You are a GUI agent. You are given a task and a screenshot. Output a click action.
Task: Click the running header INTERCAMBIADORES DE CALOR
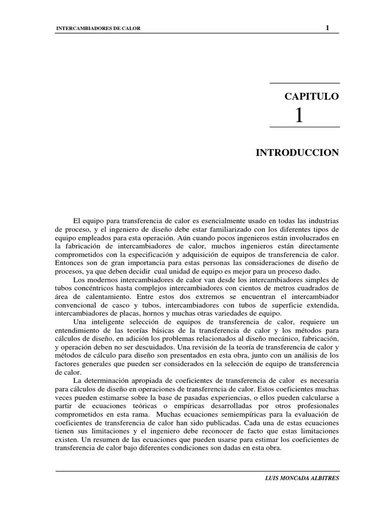tap(97, 29)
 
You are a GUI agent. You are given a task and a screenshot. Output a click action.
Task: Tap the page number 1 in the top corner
tap(327, 28)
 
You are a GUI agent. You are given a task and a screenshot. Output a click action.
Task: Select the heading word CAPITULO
tap(312, 96)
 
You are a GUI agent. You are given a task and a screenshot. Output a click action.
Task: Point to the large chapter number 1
tap(299, 116)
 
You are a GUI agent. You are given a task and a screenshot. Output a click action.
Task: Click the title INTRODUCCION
tap(298, 152)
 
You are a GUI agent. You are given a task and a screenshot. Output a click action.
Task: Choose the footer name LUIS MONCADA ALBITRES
tap(302, 478)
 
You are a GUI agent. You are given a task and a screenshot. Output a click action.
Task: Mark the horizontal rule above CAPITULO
tap(304, 83)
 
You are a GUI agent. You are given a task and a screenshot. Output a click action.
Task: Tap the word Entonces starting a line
tap(70, 263)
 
